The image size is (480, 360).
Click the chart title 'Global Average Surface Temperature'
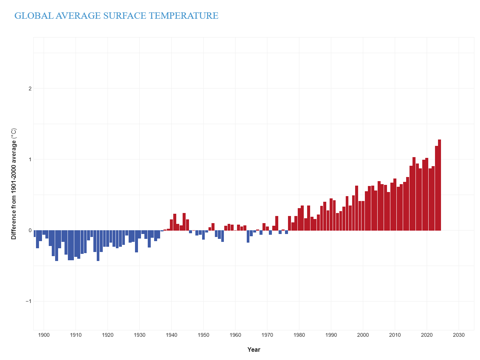coord(116,16)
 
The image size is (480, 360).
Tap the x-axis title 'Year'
coord(253,349)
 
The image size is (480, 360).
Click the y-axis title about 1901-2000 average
coord(14,184)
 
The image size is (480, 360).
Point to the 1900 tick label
coord(44,335)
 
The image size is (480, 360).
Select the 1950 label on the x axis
coord(203,335)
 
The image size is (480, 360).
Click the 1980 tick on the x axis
coord(299,335)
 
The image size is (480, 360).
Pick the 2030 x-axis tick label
coord(459,335)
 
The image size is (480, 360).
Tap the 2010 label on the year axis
coord(395,335)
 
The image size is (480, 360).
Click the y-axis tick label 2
coord(30,88)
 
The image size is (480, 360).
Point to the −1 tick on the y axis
coord(29,301)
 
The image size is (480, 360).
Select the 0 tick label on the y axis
coord(30,230)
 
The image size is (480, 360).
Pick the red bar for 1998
coord(357,208)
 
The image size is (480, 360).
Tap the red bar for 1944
coord(184,222)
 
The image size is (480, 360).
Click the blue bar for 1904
coord(57,246)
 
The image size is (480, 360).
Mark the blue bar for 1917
coord(98,246)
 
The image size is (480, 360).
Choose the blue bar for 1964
coord(248,236)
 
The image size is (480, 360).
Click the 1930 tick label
coord(139,335)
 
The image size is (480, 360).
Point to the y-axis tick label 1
coord(30,159)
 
